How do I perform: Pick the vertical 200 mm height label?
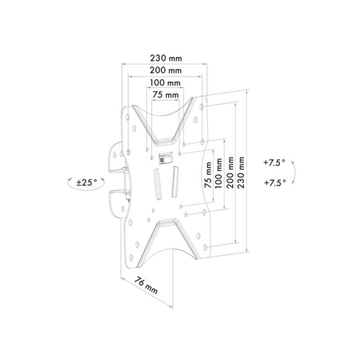pos(231,173)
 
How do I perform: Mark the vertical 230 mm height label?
pos(243,173)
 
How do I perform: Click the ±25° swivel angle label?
pos(86,183)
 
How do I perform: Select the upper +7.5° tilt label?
pos(274,163)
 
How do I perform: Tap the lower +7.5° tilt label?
pos(274,183)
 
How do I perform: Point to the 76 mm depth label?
pos(146,286)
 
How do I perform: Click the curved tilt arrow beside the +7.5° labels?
pos(293,172)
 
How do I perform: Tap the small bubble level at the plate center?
pos(165,158)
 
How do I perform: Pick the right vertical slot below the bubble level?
pos(173,181)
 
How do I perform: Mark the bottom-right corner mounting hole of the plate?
pos(206,247)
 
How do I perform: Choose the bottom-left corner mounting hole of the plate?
pos(130,258)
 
